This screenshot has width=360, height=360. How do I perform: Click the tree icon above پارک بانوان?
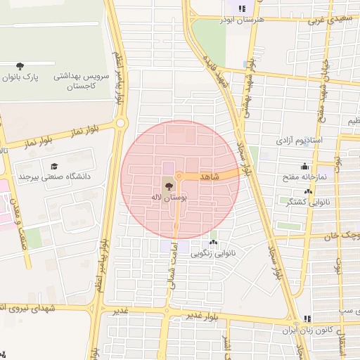(19, 66)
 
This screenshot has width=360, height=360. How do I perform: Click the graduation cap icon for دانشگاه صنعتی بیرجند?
(53, 167)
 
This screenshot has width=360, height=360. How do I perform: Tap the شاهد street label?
(210, 176)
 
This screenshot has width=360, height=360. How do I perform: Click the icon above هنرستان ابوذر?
(242, 9)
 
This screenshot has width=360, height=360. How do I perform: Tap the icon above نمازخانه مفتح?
(304, 167)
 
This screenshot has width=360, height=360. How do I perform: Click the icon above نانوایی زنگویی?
(213, 241)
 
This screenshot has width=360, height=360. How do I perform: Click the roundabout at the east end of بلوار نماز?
(121, 123)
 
